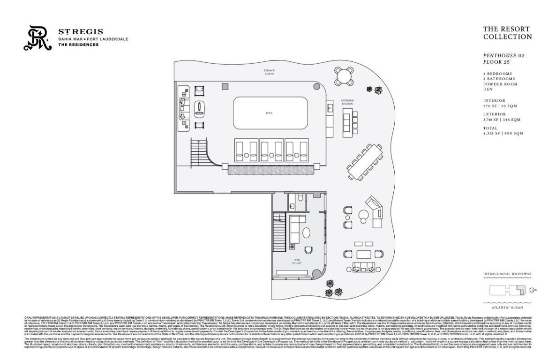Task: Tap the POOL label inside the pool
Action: coord(269,113)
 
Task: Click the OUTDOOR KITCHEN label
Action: coord(347,102)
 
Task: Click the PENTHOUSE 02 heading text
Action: coord(503,55)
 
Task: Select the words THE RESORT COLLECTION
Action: coord(507,33)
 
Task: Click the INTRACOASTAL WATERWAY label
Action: coord(507,274)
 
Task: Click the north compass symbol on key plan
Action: coord(532,291)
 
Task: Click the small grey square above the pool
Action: coord(225,86)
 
